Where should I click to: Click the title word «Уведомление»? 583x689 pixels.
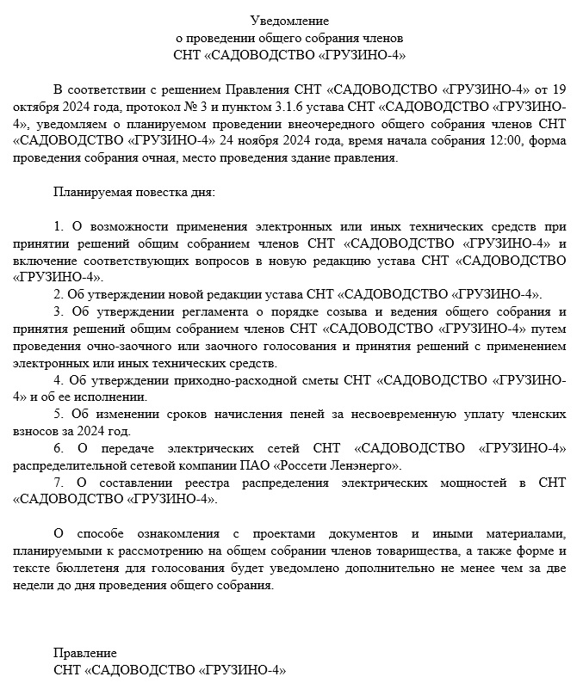(x=289, y=20)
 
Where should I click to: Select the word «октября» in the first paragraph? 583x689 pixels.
(x=35, y=107)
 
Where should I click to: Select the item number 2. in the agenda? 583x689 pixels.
(x=58, y=293)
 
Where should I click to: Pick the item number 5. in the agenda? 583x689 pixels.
(x=58, y=414)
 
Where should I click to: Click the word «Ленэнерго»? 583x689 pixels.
(x=369, y=465)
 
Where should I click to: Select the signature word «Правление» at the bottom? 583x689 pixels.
(x=84, y=653)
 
